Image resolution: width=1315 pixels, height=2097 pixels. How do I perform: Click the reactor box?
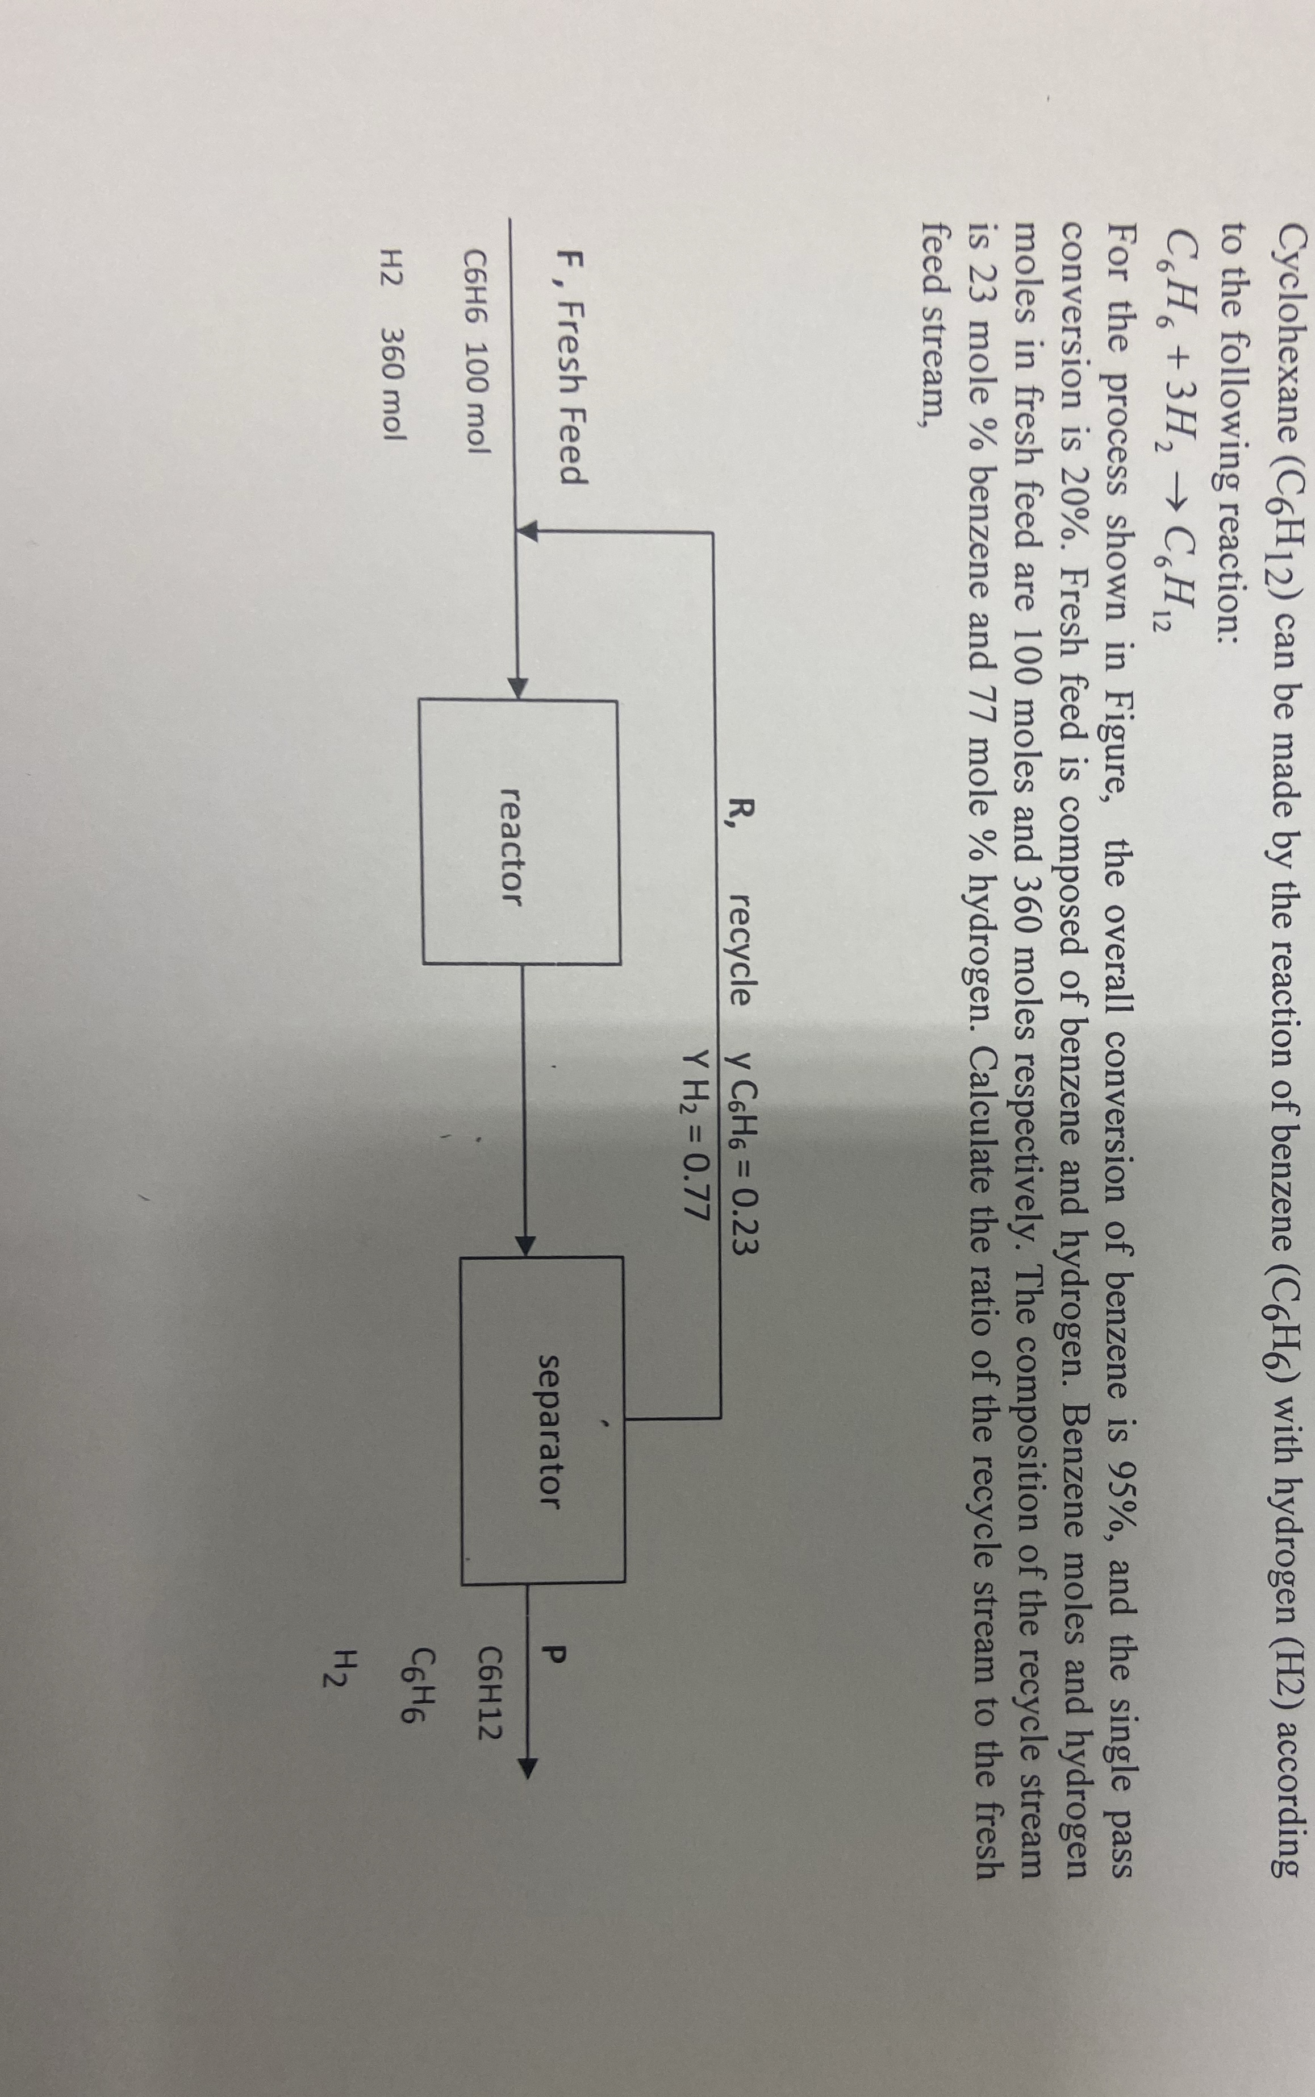point(520,833)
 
